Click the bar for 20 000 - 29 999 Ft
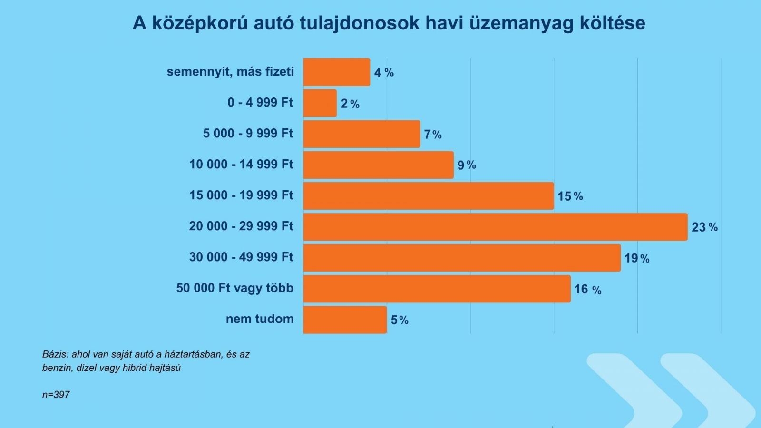tap(495, 227)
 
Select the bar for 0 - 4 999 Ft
tap(320, 103)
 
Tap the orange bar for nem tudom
tap(345, 320)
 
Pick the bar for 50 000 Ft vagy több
tap(437, 289)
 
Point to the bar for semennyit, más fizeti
tap(337, 72)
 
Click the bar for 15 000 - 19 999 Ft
tap(429, 196)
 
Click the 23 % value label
tap(704, 227)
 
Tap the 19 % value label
tap(637, 259)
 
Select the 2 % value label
tap(350, 104)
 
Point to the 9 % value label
tap(467, 165)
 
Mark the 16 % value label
tap(588, 290)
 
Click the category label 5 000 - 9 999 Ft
tap(248, 133)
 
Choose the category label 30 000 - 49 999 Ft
tap(241, 257)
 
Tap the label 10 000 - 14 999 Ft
tap(241, 164)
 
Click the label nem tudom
tap(260, 319)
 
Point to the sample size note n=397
tap(56, 395)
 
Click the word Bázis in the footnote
tap(56, 354)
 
